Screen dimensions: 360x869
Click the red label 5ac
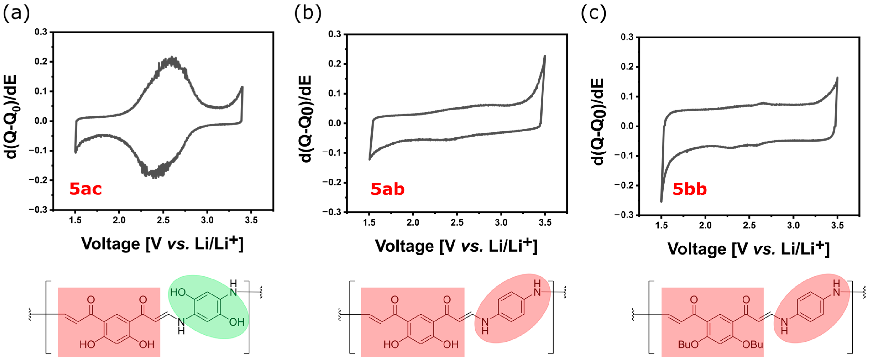[85, 189]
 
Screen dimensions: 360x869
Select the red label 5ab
[387, 189]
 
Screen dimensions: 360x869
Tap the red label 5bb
[690, 189]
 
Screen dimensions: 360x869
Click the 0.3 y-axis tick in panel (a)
[41, 32]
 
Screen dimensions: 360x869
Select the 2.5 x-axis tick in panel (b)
[457, 222]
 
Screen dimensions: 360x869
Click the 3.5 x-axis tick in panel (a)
[251, 220]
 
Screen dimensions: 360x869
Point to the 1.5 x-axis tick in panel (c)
[661, 225]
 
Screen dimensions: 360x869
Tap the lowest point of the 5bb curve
[661, 201]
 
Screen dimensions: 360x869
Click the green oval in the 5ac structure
[208, 306]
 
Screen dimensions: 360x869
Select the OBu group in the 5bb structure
[753, 344]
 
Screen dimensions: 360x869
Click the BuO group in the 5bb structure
[688, 344]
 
